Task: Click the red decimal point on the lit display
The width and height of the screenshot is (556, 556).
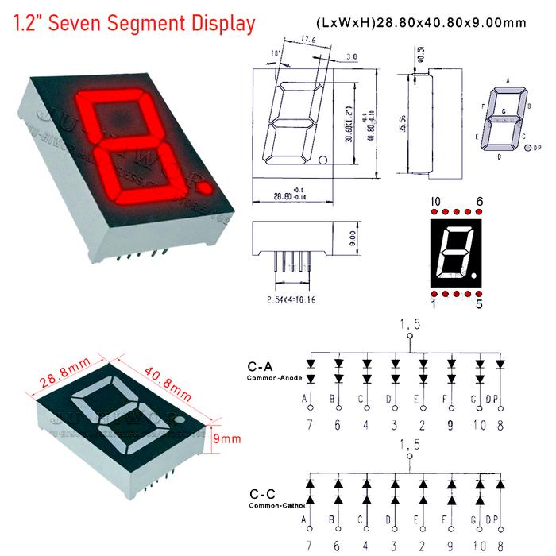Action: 206,188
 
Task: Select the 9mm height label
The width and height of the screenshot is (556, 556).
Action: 230,438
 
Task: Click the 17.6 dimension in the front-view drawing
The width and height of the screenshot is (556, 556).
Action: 311,39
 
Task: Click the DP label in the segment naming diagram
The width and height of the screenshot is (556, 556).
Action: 538,148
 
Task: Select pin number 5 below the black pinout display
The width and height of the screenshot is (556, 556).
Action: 478,303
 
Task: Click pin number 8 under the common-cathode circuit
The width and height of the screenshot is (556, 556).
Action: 500,547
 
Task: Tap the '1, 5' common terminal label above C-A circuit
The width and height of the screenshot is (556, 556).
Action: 408,323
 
